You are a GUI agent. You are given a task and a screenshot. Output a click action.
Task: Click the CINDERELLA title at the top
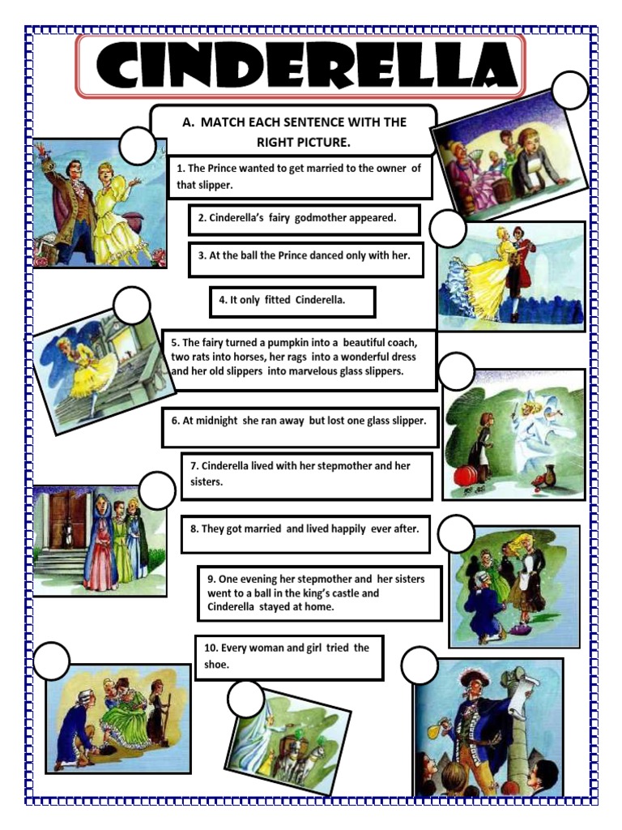click(300, 65)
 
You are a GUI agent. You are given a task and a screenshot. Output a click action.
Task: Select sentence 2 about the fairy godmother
click(304, 218)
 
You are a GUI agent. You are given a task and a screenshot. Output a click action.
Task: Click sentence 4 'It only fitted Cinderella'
click(292, 300)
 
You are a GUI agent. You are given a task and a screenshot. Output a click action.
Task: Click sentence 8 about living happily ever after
click(305, 529)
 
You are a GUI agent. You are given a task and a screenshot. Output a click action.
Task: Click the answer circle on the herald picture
click(419, 665)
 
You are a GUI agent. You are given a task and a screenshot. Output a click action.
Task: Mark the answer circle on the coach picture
click(245, 699)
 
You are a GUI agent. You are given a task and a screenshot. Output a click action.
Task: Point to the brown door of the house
click(68, 519)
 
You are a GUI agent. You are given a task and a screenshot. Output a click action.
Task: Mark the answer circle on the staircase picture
click(132, 306)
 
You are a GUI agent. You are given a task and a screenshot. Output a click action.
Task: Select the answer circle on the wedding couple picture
click(137, 146)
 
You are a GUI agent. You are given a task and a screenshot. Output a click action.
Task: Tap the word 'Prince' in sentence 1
click(227, 169)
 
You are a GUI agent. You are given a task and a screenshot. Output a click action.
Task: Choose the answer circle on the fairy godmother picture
click(456, 370)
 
